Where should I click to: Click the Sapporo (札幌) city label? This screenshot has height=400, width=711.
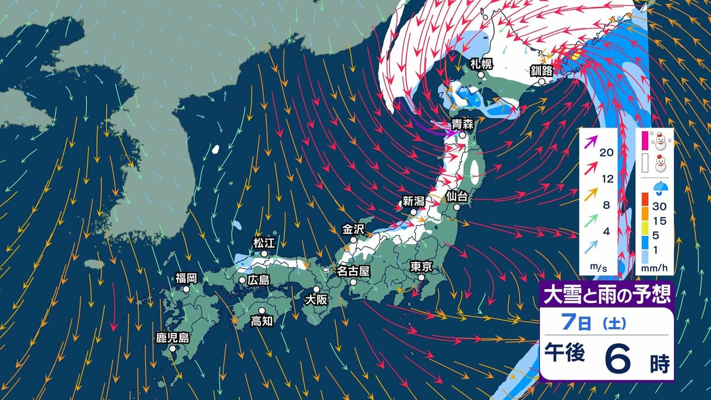point(481,65)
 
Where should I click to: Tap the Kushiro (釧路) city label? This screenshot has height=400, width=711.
point(541,71)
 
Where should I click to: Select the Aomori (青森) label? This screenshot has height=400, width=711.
point(462,124)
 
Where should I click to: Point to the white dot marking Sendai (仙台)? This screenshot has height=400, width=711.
point(457,207)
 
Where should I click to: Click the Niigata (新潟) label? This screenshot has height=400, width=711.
point(414,201)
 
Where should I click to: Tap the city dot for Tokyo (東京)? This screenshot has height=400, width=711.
point(421,277)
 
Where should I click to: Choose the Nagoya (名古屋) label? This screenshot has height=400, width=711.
point(353,271)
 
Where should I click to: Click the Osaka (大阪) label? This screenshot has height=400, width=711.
point(315,299)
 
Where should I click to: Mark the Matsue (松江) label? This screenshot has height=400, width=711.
point(264,242)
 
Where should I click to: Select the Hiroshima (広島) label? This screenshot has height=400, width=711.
point(258,280)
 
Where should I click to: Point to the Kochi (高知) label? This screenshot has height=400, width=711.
point(261,321)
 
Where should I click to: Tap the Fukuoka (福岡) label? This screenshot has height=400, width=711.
point(185,278)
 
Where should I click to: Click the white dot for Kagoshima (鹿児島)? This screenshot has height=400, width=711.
point(172,349)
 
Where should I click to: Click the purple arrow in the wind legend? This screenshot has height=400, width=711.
point(591,142)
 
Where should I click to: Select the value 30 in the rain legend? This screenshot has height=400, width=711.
point(659,207)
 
